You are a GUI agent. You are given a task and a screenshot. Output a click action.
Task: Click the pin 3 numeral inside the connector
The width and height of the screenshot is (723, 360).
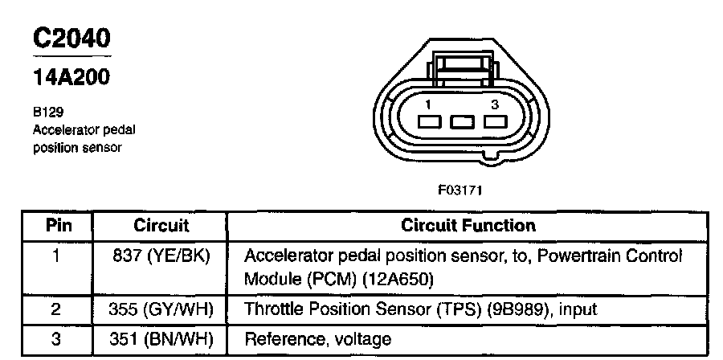[x=495, y=105]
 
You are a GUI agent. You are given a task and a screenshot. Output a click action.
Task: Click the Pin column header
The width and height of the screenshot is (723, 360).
[x=59, y=226]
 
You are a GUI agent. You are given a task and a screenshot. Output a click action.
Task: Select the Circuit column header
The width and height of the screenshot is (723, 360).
[x=161, y=226]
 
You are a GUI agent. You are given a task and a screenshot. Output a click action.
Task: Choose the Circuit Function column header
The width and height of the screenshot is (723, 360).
[x=468, y=226]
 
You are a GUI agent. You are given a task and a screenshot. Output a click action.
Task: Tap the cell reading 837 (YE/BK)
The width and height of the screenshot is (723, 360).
[x=161, y=256]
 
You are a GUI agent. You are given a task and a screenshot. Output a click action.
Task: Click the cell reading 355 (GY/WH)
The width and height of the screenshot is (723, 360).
[x=161, y=309]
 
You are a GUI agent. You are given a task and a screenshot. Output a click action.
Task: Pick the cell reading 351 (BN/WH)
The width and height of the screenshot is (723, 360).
[x=161, y=339]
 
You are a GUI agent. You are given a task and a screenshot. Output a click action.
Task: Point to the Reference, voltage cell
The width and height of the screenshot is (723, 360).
[x=317, y=339]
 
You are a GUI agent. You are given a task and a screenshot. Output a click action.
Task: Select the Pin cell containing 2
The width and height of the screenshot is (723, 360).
[x=56, y=309]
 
